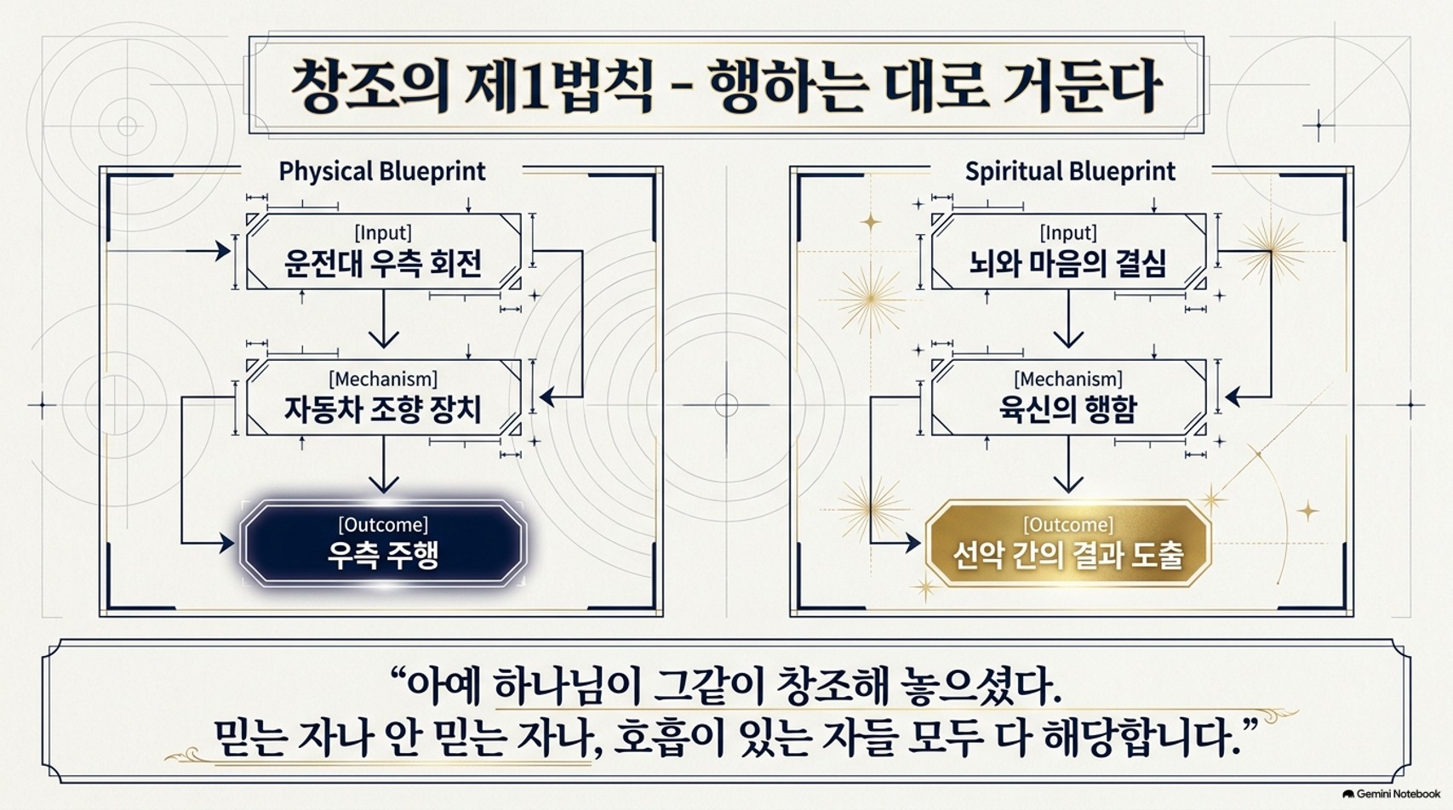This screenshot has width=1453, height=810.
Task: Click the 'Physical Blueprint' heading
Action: tap(382, 171)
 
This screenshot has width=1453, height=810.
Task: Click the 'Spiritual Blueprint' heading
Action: tap(1070, 171)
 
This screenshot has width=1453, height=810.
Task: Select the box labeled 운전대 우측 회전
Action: tap(383, 251)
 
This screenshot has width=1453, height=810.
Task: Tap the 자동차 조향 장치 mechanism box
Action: tap(383, 396)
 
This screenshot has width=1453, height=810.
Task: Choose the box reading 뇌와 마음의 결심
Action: tap(1068, 251)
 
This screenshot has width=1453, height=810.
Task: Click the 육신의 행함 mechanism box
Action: tap(1068, 396)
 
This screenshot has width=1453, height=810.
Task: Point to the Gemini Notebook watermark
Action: tap(1392, 794)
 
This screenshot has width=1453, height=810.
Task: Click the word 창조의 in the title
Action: tap(369, 86)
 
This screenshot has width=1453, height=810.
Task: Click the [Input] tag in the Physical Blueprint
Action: tap(383, 232)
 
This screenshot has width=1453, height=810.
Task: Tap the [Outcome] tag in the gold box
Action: tap(1068, 524)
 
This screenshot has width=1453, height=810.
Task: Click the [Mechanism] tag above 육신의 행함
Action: tap(1067, 378)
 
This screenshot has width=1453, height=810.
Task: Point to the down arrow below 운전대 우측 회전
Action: tap(383, 318)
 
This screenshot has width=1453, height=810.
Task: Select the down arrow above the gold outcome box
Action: tap(1068, 465)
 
